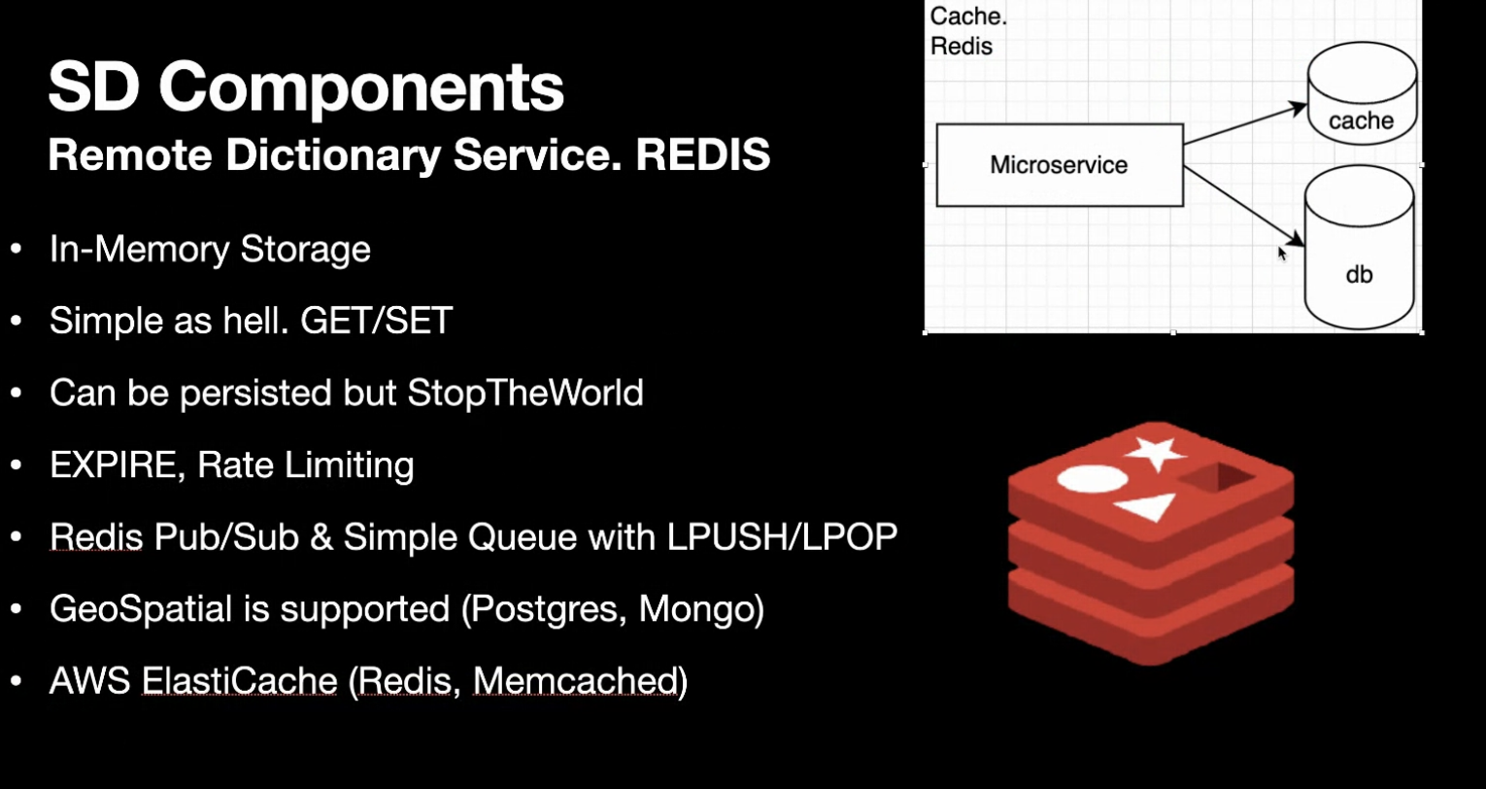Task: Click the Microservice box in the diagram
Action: (x=1059, y=164)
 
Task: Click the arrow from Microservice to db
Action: (x=1243, y=202)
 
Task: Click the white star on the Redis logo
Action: (x=1156, y=453)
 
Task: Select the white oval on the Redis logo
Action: (x=1092, y=479)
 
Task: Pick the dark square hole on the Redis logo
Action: (x=1214, y=477)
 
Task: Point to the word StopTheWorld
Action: (x=524, y=393)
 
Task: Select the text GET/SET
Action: (x=377, y=321)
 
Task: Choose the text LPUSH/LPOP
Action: (x=782, y=536)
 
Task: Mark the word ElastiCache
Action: (x=240, y=680)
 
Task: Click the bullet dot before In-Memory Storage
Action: (x=17, y=250)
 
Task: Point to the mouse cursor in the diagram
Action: (x=1282, y=253)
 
